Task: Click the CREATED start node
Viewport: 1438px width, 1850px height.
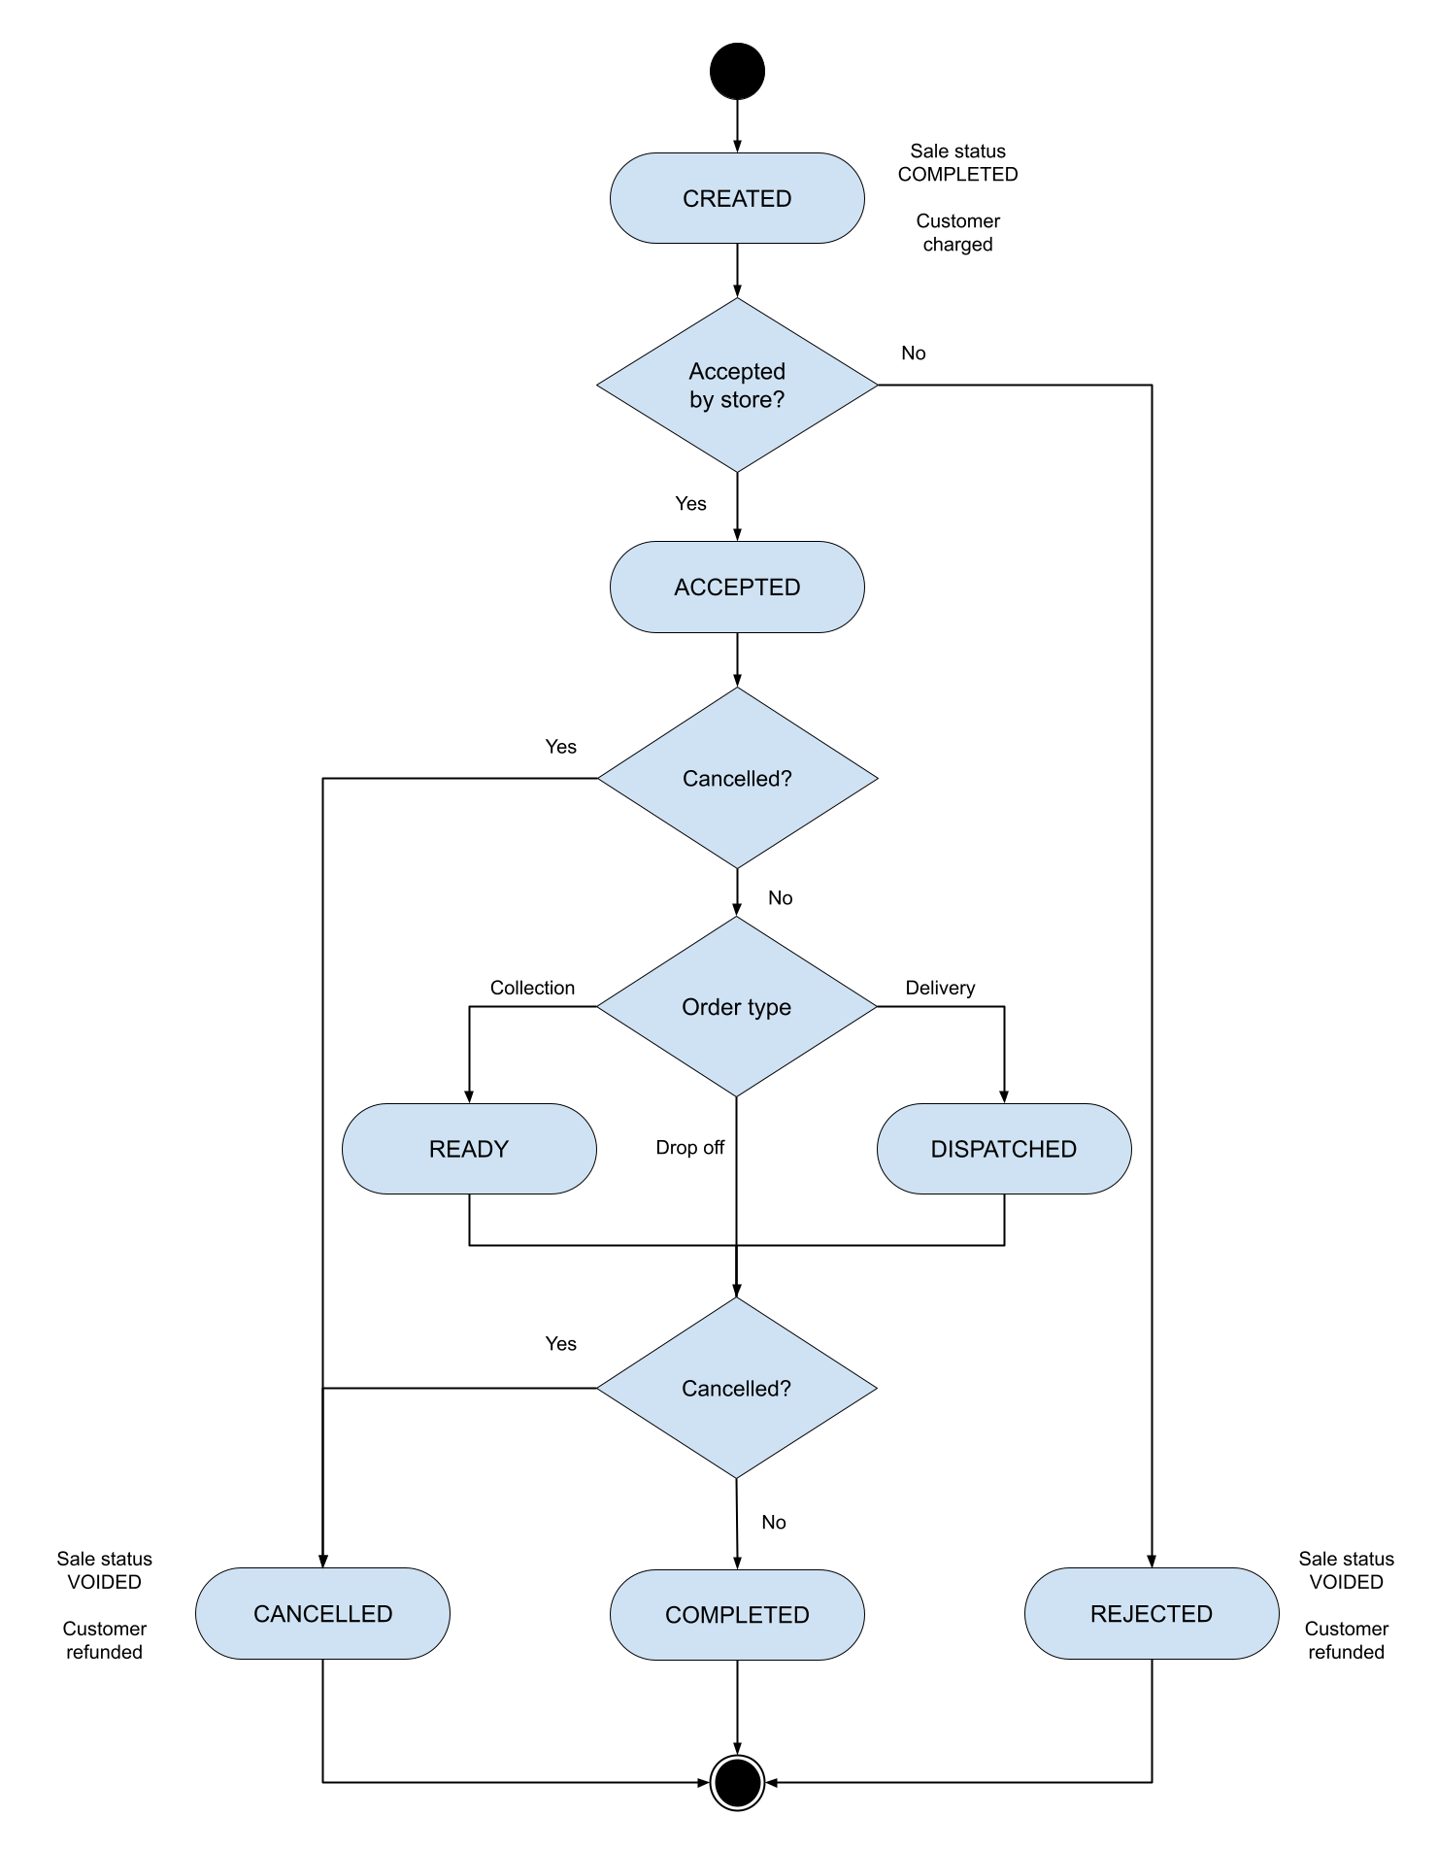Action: [737, 198]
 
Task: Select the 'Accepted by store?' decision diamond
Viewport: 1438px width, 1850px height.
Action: [737, 385]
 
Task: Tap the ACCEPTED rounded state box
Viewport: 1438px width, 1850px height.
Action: [737, 587]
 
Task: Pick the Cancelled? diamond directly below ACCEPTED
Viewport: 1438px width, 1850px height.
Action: [737, 778]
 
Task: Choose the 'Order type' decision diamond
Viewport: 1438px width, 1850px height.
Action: [737, 1007]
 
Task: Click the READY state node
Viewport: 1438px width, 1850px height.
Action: [469, 1149]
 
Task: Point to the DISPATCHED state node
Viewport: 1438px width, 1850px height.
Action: [1004, 1149]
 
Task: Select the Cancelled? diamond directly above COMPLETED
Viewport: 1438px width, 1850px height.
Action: [737, 1388]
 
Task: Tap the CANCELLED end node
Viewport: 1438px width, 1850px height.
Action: [322, 1613]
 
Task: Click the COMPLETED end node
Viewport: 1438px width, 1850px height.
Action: [737, 1614]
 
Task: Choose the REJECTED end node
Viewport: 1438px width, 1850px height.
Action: [1152, 1613]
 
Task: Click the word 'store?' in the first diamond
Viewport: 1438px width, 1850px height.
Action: [752, 400]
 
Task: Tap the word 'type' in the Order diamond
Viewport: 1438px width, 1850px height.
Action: [769, 1008]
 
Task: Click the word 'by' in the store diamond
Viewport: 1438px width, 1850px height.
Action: [701, 400]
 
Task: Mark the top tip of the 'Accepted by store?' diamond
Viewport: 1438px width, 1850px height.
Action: [737, 301]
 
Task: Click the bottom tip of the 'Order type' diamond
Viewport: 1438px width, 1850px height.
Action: [737, 1093]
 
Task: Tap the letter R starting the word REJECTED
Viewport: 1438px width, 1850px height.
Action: [1098, 1613]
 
